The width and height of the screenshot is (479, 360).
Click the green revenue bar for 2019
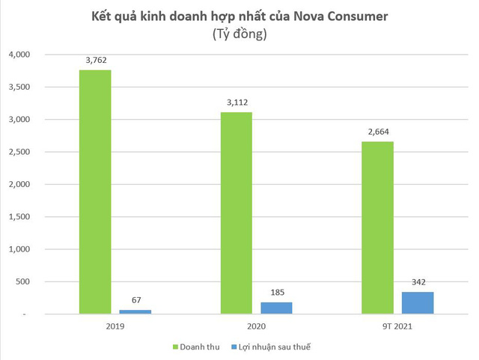click(95, 192)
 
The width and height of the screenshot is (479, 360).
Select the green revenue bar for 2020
click(236, 213)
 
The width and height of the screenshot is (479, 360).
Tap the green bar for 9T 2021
click(377, 228)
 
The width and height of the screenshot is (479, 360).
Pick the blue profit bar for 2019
click(135, 311)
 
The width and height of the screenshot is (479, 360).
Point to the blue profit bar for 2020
click(276, 308)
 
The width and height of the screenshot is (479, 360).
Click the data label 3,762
click(95, 61)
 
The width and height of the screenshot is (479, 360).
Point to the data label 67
click(135, 300)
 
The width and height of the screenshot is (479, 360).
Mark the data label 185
click(276, 293)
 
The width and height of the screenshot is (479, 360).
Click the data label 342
click(417, 283)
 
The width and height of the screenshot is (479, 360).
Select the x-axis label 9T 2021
click(397, 326)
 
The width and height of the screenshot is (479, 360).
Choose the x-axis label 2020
click(256, 326)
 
